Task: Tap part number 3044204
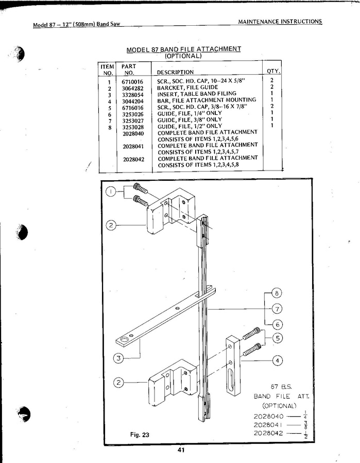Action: tap(132, 101)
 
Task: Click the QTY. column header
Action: tap(273, 71)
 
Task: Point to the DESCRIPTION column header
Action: tap(175, 72)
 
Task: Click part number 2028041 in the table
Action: tap(133, 146)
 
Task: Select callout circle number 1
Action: tap(111, 192)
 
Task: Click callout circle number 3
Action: tap(118, 358)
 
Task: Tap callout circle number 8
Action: tap(277, 293)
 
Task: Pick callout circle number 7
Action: tap(277, 309)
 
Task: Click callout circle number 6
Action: tap(277, 325)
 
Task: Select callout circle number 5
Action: tap(277, 338)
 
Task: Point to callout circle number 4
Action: tap(277, 360)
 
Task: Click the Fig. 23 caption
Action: tap(140, 435)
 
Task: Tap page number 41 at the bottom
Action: tap(181, 450)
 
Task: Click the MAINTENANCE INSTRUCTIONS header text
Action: tap(280, 22)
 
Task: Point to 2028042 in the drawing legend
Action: tap(268, 433)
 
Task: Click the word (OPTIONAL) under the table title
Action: tap(183, 56)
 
